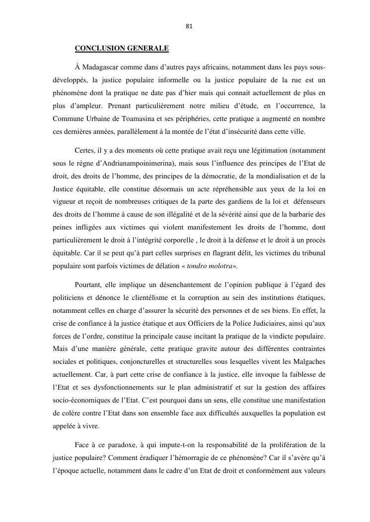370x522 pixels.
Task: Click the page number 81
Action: (x=189, y=26)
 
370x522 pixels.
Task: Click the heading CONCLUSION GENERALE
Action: (x=122, y=49)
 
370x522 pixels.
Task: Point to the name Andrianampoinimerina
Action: (x=126, y=162)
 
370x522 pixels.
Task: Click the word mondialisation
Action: (x=276, y=175)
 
